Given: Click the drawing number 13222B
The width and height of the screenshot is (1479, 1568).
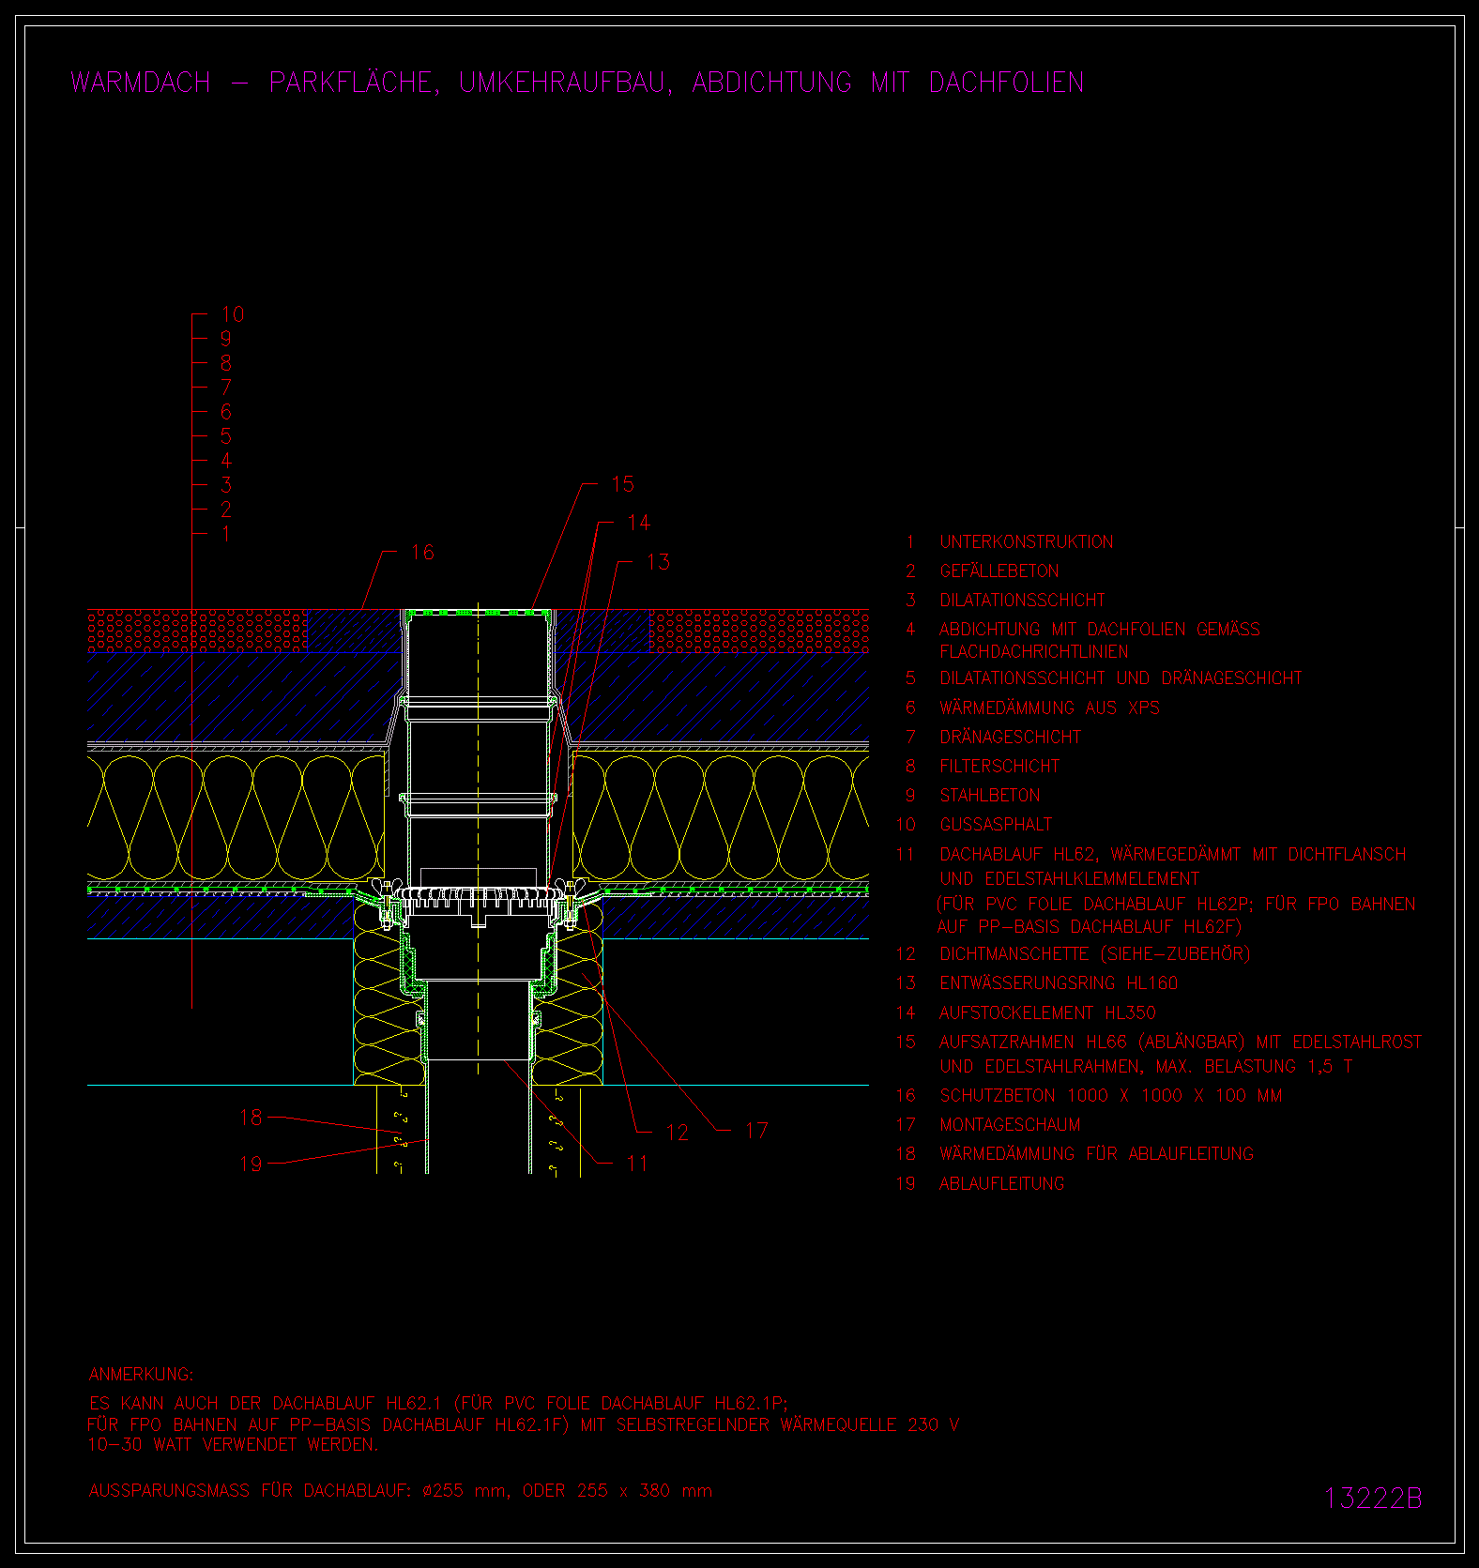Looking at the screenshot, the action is pyautogui.click(x=1373, y=1499).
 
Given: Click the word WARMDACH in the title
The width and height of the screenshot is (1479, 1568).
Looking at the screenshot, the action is pyautogui.click(x=141, y=83).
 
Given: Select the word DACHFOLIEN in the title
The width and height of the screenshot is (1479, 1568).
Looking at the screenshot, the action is pyautogui.click(x=1006, y=83).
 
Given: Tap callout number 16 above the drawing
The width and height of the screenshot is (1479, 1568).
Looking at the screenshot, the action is pyautogui.click(x=422, y=552).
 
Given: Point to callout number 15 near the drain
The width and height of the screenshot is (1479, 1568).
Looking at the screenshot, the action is pyautogui.click(x=622, y=484).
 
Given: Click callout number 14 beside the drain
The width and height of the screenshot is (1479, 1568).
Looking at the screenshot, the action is pyautogui.click(x=638, y=523).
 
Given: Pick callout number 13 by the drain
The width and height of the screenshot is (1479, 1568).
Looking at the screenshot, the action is pyautogui.click(x=658, y=562).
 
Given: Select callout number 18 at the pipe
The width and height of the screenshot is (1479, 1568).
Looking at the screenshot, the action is pyautogui.click(x=251, y=1118).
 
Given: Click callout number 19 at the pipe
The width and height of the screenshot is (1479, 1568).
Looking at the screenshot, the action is pyautogui.click(x=251, y=1165).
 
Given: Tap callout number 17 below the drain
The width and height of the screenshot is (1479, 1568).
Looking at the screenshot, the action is pyautogui.click(x=756, y=1132).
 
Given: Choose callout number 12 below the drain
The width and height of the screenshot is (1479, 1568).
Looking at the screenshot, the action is pyautogui.click(x=677, y=1134).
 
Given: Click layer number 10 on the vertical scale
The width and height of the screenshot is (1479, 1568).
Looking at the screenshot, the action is pyautogui.click(x=232, y=314).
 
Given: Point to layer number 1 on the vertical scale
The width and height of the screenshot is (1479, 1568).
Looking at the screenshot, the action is pyautogui.click(x=225, y=534).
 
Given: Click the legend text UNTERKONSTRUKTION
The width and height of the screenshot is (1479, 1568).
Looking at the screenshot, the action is pyautogui.click(x=1027, y=542).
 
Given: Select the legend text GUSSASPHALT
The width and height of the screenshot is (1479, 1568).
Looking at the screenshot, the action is pyautogui.click(x=996, y=825).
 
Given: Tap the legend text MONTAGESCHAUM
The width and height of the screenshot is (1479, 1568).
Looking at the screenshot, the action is pyautogui.click(x=1010, y=1125).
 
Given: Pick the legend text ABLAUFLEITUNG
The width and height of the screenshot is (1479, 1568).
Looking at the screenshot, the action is pyautogui.click(x=1002, y=1184).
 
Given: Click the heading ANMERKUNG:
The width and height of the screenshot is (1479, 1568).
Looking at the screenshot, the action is pyautogui.click(x=142, y=1375).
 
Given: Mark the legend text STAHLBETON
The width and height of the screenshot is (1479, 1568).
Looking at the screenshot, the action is pyautogui.click(x=990, y=796).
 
